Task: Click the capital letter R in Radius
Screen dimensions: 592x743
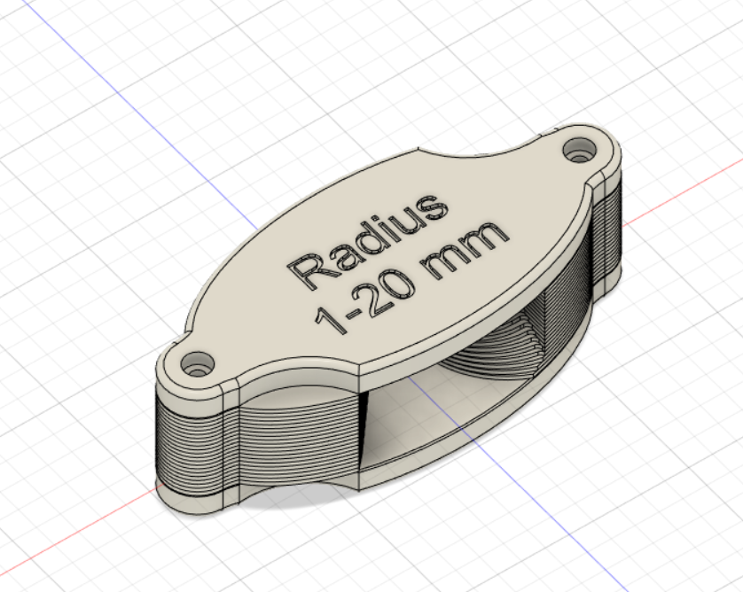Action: click(307, 269)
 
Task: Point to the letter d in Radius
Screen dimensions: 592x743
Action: click(363, 238)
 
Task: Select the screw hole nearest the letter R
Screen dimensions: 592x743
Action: click(197, 362)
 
